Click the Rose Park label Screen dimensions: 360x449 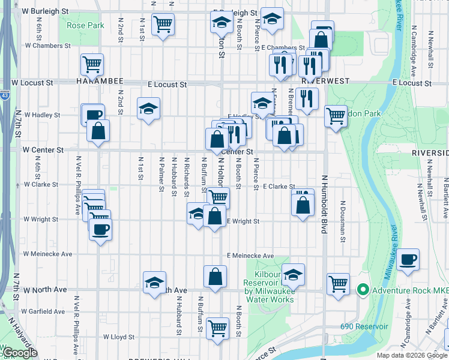[x=85, y=25]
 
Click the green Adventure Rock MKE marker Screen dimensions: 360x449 [x=363, y=290]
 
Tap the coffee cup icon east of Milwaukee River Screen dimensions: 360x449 [x=408, y=260]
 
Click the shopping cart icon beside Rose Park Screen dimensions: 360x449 [x=163, y=25]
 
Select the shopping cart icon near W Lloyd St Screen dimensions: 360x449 [x=217, y=328]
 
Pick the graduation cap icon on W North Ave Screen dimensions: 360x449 [x=154, y=282]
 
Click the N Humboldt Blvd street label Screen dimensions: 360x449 [x=324, y=204]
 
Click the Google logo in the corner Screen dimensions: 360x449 [x=20, y=352]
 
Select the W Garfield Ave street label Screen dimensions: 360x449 [x=43, y=311]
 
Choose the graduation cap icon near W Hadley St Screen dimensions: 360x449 [x=148, y=109]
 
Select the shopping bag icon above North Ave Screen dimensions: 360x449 [x=215, y=277]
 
